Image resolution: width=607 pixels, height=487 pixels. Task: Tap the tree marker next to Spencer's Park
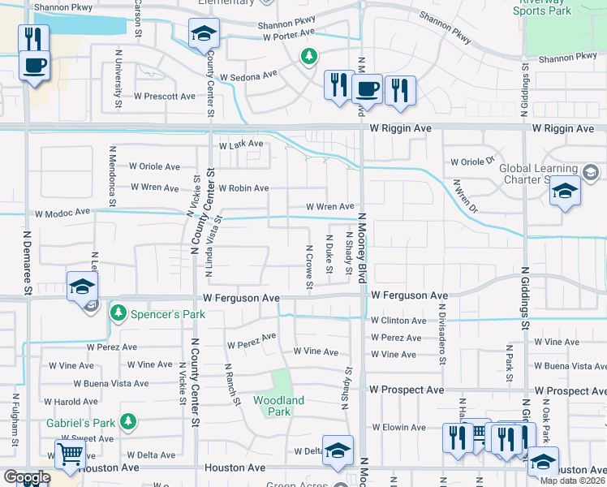click(x=118, y=312)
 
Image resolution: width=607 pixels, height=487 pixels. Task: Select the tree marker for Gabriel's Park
click(x=127, y=421)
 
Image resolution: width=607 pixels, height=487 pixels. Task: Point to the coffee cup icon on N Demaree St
click(x=34, y=65)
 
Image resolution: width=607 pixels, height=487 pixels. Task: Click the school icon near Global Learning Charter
click(x=565, y=192)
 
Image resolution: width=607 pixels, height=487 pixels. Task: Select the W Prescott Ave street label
click(x=165, y=96)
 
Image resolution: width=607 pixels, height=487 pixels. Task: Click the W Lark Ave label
click(x=241, y=144)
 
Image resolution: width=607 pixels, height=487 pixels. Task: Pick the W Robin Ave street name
click(x=243, y=188)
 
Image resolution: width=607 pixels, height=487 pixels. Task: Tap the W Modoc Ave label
click(x=62, y=213)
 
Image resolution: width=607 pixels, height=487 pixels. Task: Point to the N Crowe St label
click(x=309, y=267)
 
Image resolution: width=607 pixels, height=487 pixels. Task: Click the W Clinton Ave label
click(x=398, y=321)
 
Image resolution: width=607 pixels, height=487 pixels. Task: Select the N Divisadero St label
click(x=442, y=333)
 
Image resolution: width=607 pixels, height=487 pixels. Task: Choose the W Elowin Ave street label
click(x=398, y=426)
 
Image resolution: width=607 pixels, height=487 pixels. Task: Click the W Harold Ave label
click(x=71, y=401)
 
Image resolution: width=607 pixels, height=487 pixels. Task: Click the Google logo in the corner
click(x=26, y=477)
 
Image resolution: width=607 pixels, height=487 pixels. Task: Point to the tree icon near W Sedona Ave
click(x=308, y=56)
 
